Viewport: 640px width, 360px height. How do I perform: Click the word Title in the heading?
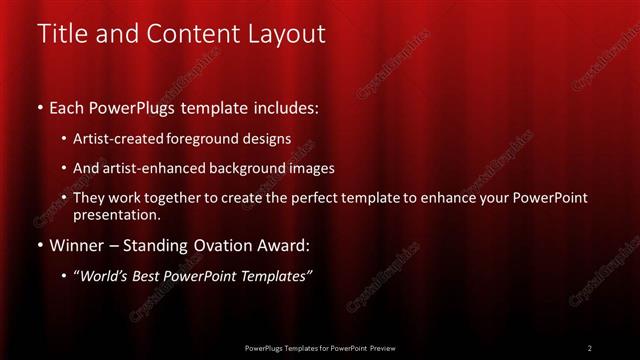(59, 33)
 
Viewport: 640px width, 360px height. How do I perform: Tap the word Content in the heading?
(190, 33)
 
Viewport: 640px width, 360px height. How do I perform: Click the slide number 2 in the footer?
(590, 348)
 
